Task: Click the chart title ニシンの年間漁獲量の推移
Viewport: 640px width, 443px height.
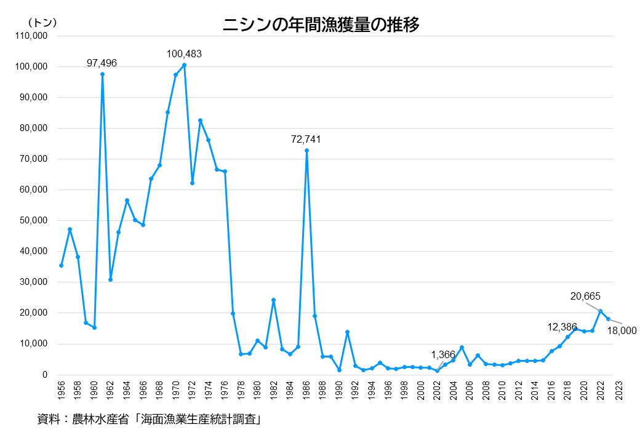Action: (x=321, y=25)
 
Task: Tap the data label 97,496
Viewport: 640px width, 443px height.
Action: (x=102, y=63)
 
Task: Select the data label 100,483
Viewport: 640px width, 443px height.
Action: (x=184, y=54)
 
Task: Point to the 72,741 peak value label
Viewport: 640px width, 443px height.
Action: (x=306, y=140)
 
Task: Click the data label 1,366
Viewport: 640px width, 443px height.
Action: (x=442, y=354)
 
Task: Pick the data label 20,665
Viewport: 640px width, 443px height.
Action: (x=585, y=296)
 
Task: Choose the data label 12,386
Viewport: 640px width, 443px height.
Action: (x=562, y=327)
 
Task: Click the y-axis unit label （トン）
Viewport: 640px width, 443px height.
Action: (x=42, y=22)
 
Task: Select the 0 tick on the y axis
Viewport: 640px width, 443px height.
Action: (x=45, y=374)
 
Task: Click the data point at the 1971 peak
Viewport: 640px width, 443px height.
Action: (x=184, y=65)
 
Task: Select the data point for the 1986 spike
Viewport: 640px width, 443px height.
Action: (x=306, y=151)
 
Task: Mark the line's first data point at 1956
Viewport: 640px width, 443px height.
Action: (x=61, y=265)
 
